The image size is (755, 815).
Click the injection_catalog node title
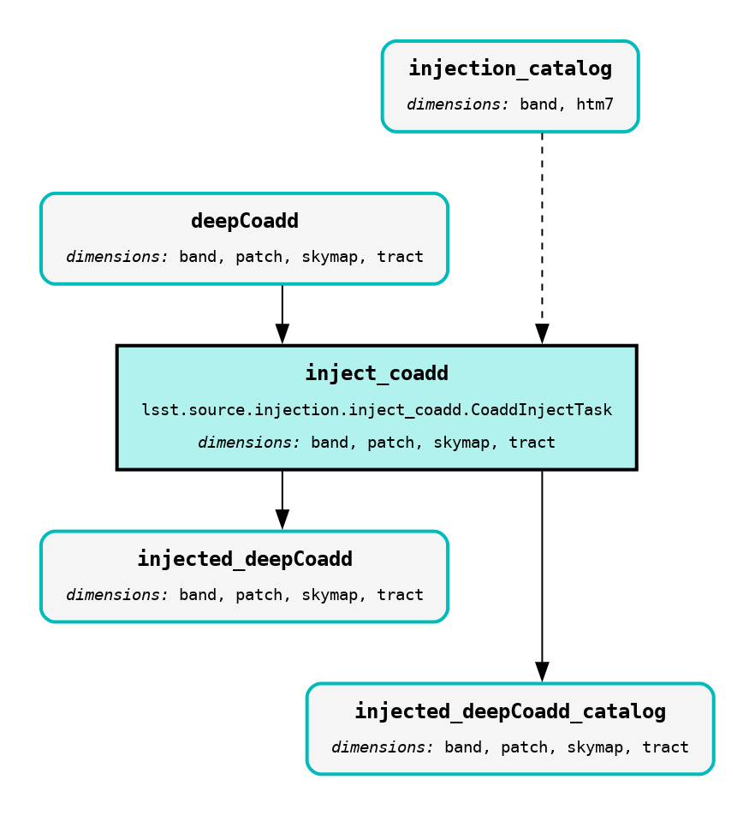click(x=510, y=68)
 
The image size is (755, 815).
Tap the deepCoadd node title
click(x=245, y=221)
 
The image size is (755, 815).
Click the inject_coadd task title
click(x=377, y=373)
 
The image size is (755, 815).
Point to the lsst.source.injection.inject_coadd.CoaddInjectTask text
click(x=377, y=410)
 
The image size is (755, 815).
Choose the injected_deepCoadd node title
click(x=245, y=559)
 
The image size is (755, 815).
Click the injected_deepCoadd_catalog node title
click(x=510, y=711)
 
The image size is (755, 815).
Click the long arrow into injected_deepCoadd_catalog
click(x=542, y=574)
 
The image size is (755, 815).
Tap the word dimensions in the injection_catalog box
click(x=458, y=104)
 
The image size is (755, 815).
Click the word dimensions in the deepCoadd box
click(x=117, y=257)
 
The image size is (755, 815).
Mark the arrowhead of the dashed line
click(x=542, y=334)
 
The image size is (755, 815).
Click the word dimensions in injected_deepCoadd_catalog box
click(x=383, y=747)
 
